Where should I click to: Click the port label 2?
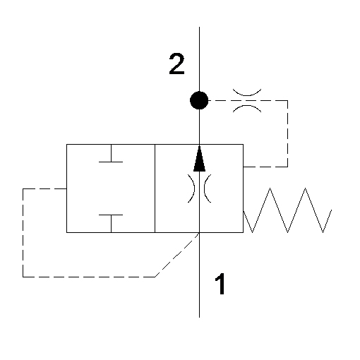coord(176,64)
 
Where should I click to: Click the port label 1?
coord(220,284)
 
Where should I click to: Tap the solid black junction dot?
coord(199,100)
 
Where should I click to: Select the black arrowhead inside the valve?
coord(199,159)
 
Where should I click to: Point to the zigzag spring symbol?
coord(287,210)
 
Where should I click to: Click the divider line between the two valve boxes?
coord(155,188)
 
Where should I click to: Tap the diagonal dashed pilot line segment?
coord(177,255)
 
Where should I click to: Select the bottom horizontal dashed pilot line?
coord(89,277)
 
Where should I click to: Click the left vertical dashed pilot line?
coord(23,233)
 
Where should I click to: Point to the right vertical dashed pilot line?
coord(287,133)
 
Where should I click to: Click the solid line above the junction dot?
coord(199,59)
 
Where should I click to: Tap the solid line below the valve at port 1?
coord(199,275)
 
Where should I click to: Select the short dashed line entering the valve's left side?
coord(44,188)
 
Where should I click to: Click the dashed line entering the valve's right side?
coord(265,167)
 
